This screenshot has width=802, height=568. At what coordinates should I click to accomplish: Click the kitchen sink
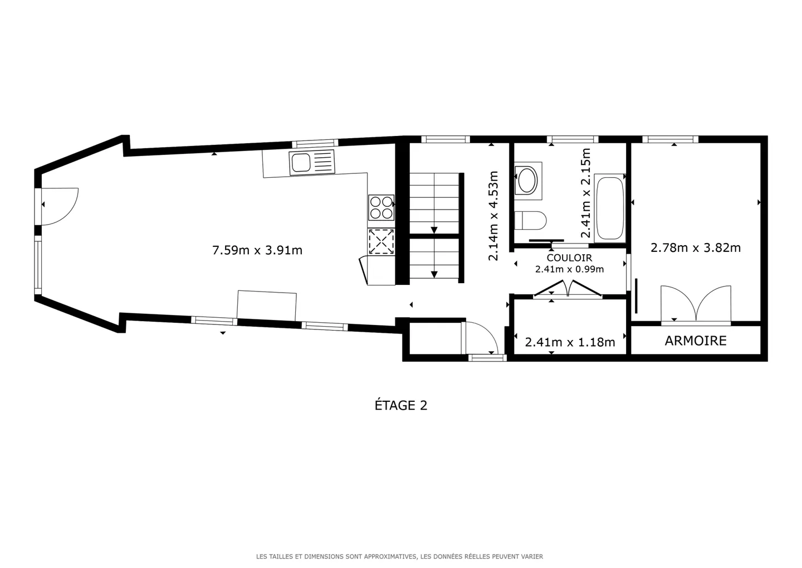tap(312, 162)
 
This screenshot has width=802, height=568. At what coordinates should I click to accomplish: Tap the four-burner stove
tap(381, 207)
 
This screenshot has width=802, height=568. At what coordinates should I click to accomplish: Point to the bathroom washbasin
tap(527, 180)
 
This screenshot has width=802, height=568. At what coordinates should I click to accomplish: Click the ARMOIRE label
tap(696, 341)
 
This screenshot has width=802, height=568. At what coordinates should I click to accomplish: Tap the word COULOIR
tap(569, 258)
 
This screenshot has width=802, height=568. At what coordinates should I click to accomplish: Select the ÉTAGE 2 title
tap(400, 405)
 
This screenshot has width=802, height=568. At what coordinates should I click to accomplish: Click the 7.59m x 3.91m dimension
tap(257, 250)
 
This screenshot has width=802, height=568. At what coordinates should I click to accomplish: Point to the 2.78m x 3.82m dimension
tap(696, 247)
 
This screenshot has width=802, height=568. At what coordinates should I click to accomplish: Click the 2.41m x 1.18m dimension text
tap(570, 342)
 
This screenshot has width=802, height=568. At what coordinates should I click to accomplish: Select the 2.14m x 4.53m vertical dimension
tap(493, 216)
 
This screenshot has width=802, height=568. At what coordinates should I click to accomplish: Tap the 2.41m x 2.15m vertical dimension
tap(585, 193)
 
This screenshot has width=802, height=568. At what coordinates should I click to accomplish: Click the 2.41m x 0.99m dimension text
tap(569, 269)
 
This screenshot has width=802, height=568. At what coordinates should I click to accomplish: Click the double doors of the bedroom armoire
tap(696, 305)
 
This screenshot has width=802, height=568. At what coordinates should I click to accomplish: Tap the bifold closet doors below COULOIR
tap(568, 289)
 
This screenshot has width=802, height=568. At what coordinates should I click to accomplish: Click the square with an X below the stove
tap(381, 242)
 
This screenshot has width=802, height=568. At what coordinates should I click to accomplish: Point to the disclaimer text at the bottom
tap(399, 556)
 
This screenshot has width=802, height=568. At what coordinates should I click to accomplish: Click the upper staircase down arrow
tap(434, 229)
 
